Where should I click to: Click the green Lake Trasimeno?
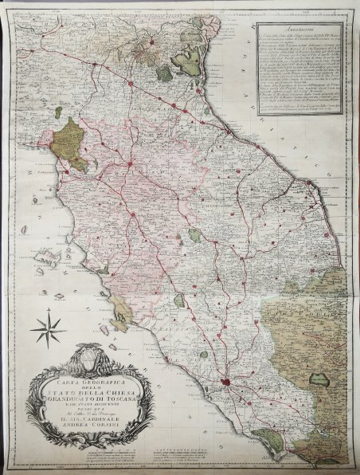[x=196, y=236]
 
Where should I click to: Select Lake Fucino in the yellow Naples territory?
[x=323, y=366]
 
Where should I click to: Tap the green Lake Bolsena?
[x=180, y=300]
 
